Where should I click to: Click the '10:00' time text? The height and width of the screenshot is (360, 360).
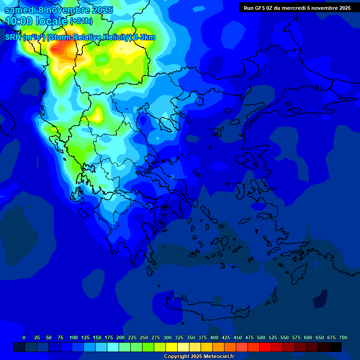pos(19,21)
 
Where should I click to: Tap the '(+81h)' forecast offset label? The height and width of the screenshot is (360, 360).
pos(81,21)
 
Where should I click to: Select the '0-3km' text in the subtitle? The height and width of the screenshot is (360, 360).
pos(144,37)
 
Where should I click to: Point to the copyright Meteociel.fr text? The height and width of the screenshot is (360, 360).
pos(199,357)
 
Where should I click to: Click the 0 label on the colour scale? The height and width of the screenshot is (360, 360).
pos(24,337)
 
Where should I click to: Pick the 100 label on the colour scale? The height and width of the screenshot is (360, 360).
pos(74,337)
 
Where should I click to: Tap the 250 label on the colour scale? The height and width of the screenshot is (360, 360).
pos(144,337)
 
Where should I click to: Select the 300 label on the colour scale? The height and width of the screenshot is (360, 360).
pos(167,337)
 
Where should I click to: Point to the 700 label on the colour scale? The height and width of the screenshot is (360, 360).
pos(343,337)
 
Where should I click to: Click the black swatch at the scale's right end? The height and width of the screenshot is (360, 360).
pos(336,347)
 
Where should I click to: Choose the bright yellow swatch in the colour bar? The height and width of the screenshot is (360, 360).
pos(172,347)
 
